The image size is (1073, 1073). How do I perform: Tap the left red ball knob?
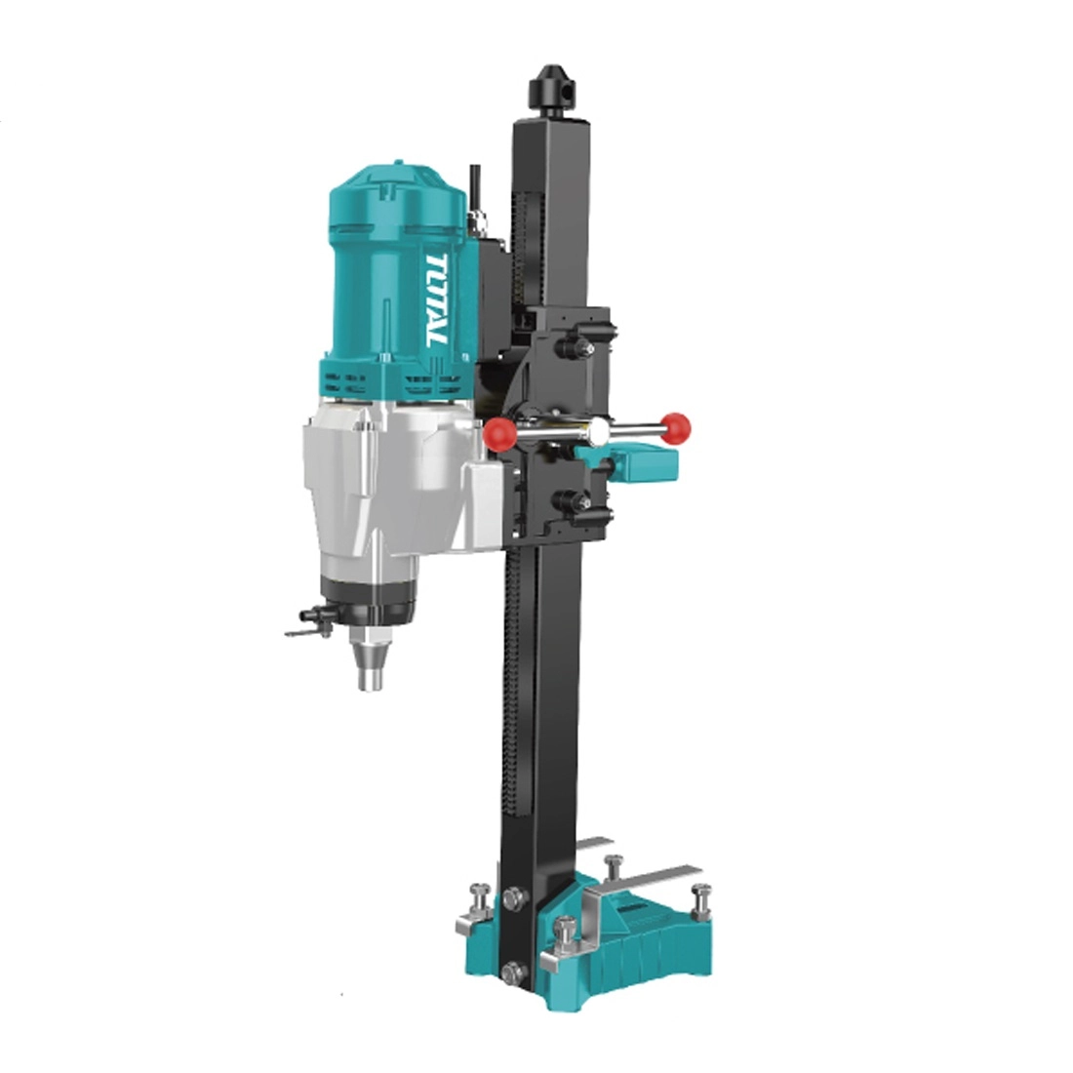point(498,433)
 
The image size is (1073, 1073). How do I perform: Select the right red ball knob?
point(676,427)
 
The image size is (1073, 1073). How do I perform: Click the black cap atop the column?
point(552,90)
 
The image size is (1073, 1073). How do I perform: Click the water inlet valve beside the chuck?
point(309,620)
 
